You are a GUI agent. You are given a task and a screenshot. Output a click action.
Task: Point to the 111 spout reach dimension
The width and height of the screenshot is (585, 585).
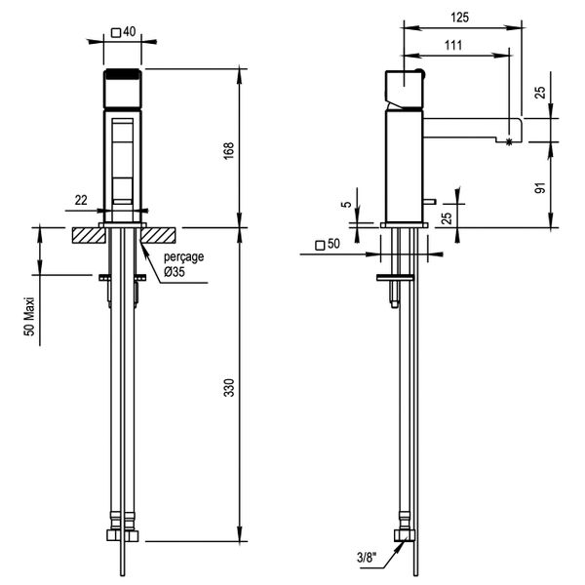[x=452, y=45]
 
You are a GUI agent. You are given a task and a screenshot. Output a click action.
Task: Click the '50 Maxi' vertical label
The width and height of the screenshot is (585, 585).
[x=30, y=317]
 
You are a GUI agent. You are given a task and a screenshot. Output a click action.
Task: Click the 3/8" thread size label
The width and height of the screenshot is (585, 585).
[x=368, y=559]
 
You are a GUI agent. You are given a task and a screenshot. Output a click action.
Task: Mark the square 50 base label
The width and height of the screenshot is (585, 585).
[x=327, y=245]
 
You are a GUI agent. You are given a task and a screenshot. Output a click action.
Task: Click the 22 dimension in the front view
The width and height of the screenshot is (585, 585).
[x=81, y=199]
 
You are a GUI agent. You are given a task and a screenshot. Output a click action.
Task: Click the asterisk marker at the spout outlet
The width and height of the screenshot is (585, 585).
[x=509, y=142]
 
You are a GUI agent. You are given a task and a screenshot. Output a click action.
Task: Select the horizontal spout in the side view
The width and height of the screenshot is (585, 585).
[x=468, y=128]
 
